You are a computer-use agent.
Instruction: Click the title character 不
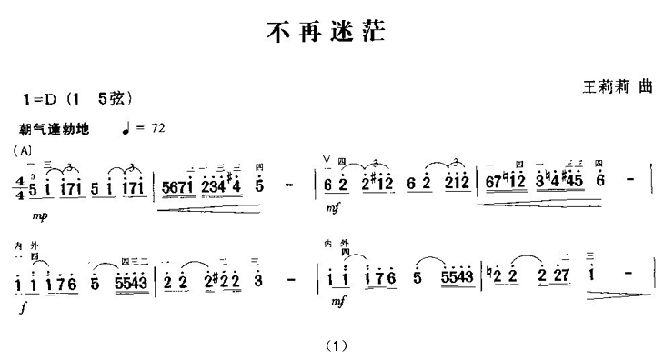pyautogui.click(x=277, y=34)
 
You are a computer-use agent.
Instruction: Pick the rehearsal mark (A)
pyautogui.click(x=23, y=149)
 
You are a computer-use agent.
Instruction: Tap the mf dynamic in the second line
pyautogui.click(x=338, y=301)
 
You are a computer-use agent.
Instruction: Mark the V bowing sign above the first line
pyautogui.click(x=327, y=160)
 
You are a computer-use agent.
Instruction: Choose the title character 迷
pyautogui.click(x=342, y=34)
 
